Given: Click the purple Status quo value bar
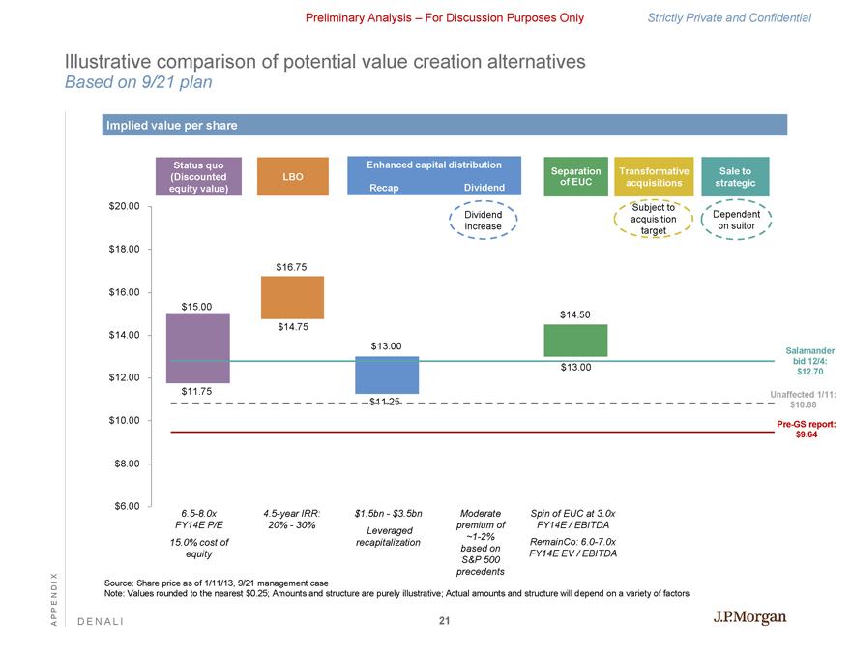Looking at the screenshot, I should (198, 348).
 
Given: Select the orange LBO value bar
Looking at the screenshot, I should (292, 297).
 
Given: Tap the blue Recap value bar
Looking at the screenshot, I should (386, 374).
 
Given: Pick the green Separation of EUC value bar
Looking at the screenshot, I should (575, 340).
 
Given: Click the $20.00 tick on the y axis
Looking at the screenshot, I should (124, 206).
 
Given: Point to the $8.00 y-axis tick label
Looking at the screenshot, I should (127, 464).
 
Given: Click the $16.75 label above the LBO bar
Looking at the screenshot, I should (292, 266).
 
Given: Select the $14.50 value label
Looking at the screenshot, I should (575, 314).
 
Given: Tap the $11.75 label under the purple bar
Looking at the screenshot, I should (197, 391).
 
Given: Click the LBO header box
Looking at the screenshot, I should (292, 177).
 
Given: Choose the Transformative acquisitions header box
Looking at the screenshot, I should (654, 177).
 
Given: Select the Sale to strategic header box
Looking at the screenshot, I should (735, 177).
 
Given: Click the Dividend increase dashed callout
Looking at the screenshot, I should (483, 220).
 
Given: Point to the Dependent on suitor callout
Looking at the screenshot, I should (735, 220).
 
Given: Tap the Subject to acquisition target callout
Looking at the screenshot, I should (653, 220).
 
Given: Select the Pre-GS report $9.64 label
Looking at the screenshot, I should (806, 430).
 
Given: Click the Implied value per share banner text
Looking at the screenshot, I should (170, 126).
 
